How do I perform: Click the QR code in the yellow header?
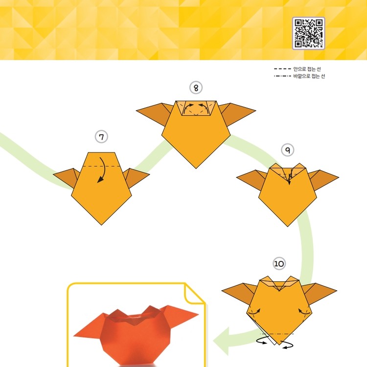[x=308, y=33]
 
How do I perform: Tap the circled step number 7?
[x=101, y=137]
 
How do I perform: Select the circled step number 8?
[x=196, y=88]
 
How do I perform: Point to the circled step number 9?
[x=287, y=150]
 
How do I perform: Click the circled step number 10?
[x=279, y=264]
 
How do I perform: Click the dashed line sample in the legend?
[x=282, y=69]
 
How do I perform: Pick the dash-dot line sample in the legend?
[x=282, y=76]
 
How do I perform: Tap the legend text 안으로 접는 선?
[x=307, y=69]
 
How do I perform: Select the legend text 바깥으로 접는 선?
[x=309, y=76]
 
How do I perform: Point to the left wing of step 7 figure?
[x=67, y=177]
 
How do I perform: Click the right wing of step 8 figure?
[x=237, y=114]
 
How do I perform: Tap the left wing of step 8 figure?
[x=155, y=114]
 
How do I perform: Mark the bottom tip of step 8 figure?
[x=196, y=168]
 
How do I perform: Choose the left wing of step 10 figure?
[x=238, y=293]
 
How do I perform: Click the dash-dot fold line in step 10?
[x=276, y=334]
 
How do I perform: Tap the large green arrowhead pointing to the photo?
[x=221, y=341]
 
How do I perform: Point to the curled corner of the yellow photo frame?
[x=194, y=294]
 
